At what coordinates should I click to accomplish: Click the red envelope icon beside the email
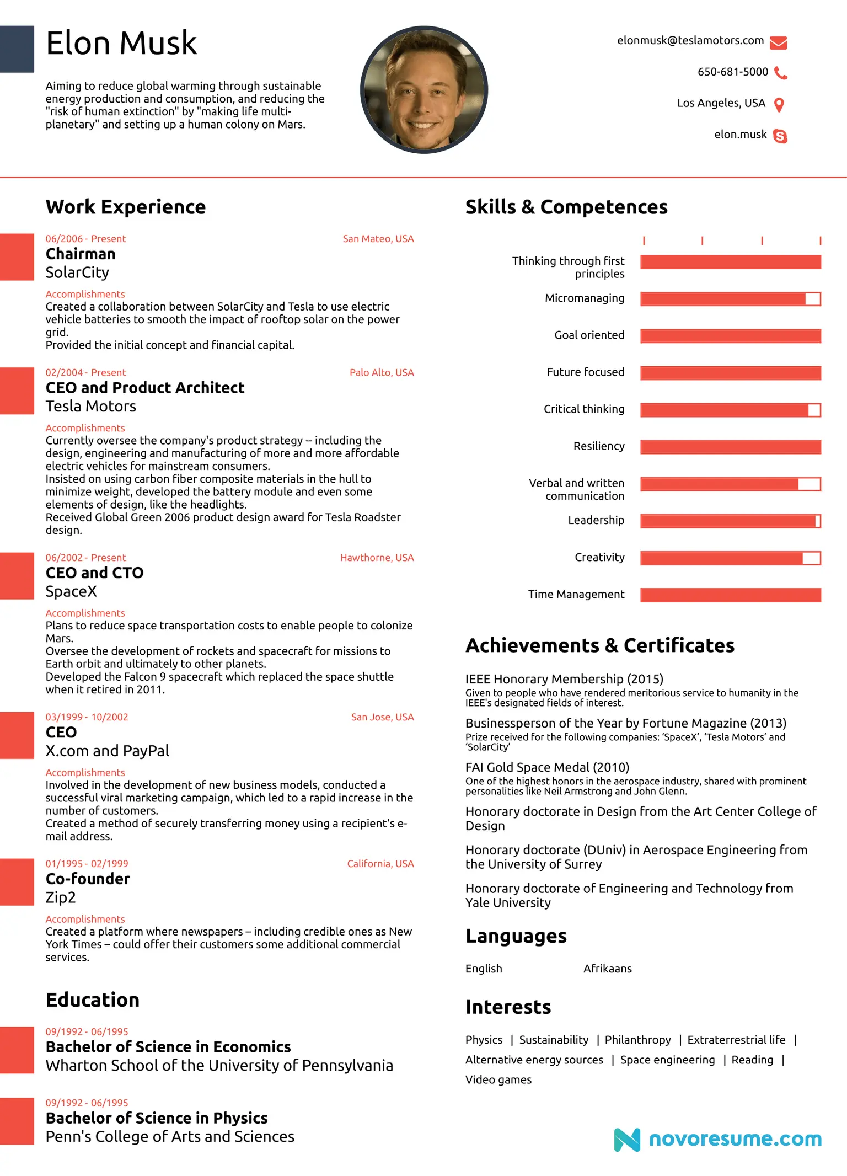pos(778,42)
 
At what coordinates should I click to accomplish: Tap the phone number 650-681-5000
pos(732,72)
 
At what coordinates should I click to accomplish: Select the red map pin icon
pos(779,105)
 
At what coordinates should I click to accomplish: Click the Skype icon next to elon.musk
pos(780,136)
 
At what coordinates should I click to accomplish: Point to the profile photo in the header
pos(423,90)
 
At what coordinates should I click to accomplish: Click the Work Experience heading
pos(126,207)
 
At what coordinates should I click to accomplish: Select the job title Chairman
pos(81,254)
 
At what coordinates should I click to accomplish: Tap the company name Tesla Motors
pos(91,407)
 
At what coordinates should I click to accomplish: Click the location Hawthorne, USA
pos(377,558)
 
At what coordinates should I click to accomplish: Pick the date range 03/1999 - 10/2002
pos(87,717)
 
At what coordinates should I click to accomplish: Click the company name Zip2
pos(61,897)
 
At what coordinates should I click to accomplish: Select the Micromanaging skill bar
pos(730,299)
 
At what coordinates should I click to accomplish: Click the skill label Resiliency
pos(599,446)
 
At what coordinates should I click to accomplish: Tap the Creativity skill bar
pos(730,558)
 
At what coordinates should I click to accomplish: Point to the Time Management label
pos(576,595)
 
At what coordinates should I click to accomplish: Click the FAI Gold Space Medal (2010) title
pos(547,767)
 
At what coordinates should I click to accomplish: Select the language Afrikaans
pos(608,969)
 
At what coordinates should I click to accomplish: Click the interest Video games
pos(498,1080)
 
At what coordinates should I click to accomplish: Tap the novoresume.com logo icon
pos(627,1140)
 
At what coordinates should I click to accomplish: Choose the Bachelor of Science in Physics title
pos(157,1118)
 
